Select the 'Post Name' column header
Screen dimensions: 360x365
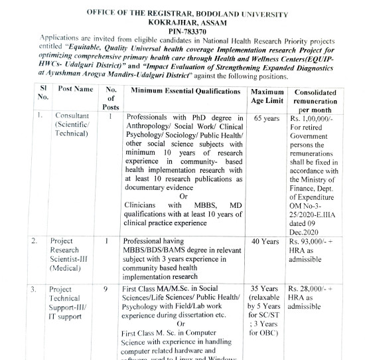(x=75, y=89)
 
